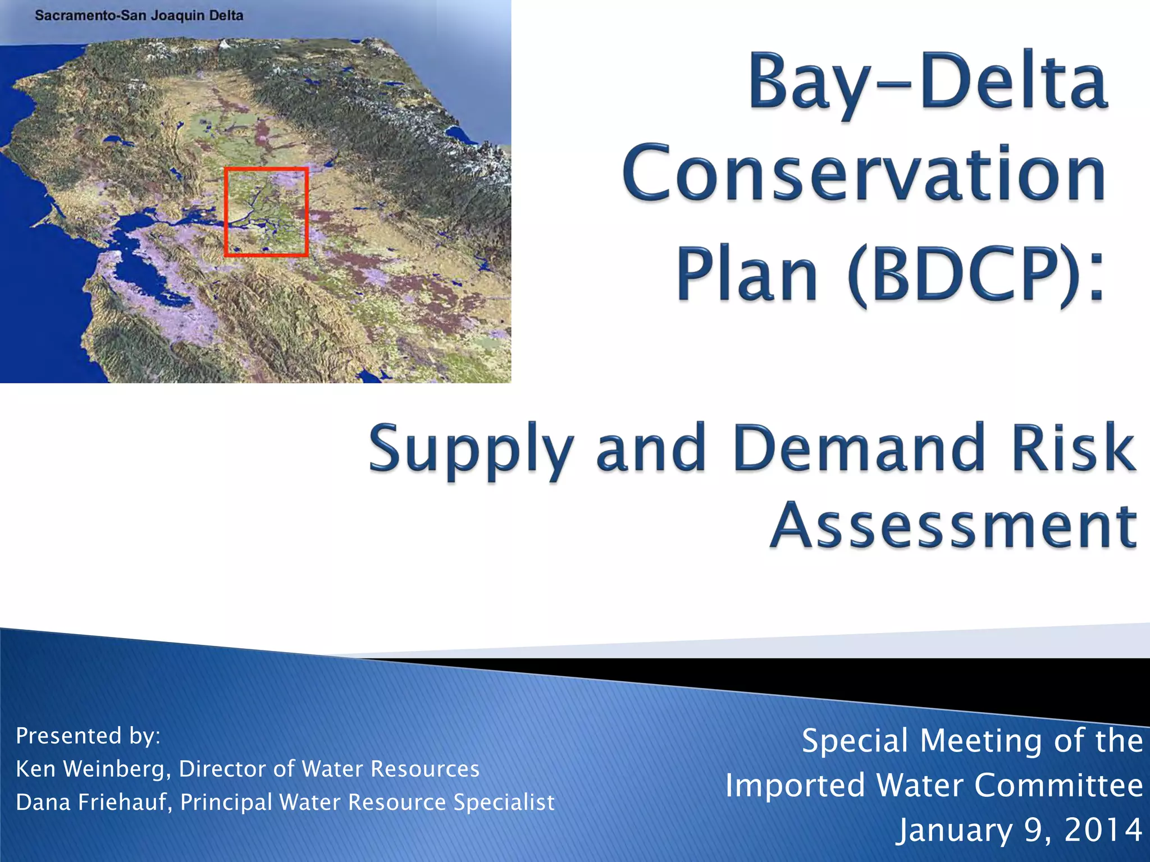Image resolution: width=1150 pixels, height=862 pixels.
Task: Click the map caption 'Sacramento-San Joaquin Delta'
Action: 139,15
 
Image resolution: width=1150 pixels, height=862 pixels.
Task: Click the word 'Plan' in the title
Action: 747,274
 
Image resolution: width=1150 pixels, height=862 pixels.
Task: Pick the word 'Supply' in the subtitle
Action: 471,450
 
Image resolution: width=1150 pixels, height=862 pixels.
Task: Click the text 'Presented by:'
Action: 88,736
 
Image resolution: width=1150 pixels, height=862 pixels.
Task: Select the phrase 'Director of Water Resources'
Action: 329,769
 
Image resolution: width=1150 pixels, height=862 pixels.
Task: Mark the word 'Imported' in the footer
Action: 795,785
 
